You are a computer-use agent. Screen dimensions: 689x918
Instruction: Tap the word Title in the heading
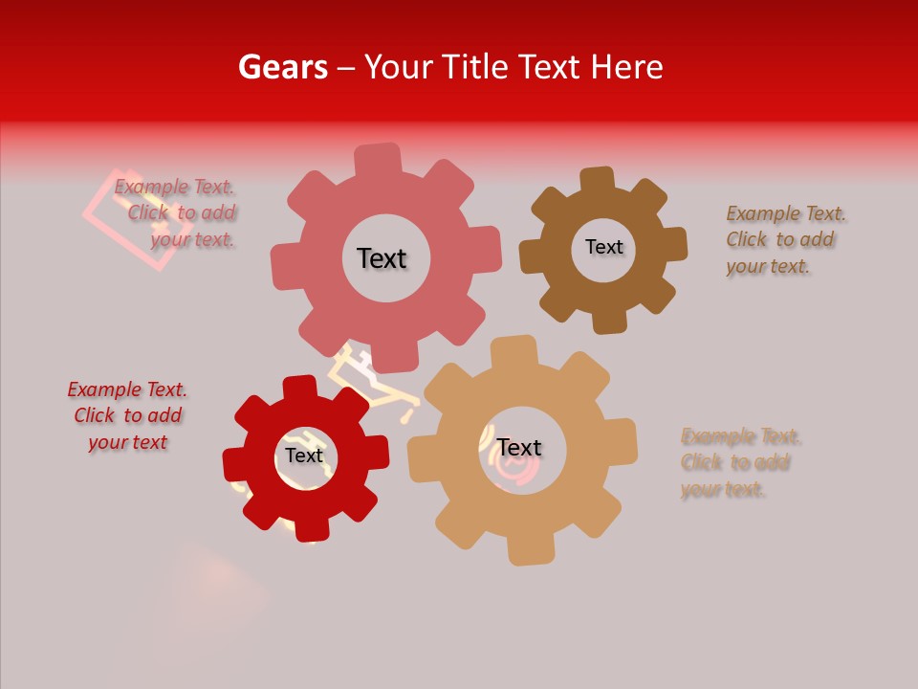pyautogui.click(x=478, y=67)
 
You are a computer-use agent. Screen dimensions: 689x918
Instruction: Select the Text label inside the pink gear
pyautogui.click(x=382, y=258)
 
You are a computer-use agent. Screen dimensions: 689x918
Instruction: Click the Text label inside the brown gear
pyautogui.click(x=603, y=247)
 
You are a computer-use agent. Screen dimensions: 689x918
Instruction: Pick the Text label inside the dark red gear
pyautogui.click(x=304, y=456)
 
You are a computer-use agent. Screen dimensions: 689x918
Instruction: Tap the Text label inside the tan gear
pyautogui.click(x=519, y=448)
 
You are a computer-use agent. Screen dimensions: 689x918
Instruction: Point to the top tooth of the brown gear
pyautogui.click(x=599, y=181)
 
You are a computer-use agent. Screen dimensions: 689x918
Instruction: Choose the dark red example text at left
pyautogui.click(x=127, y=415)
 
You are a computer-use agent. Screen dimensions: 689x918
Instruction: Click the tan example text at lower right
pyautogui.click(x=738, y=462)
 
